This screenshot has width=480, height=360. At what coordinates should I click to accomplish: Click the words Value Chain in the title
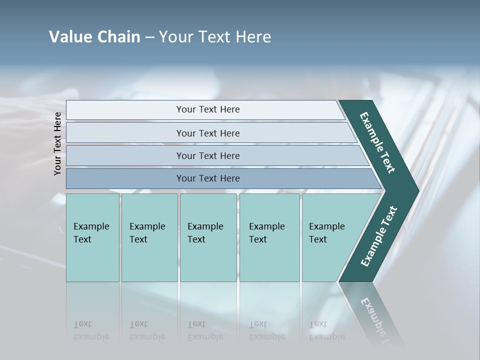94,37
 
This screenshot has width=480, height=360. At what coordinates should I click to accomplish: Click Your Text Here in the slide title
215,37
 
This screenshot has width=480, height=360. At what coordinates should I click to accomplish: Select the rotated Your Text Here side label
57,143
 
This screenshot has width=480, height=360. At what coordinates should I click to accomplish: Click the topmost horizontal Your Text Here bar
208,109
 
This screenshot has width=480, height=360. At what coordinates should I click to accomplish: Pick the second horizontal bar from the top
208,133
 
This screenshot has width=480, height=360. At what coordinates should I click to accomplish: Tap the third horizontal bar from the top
208,155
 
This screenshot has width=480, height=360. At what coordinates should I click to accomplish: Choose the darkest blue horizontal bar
208,178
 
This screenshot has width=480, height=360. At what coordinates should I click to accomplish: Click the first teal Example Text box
92,237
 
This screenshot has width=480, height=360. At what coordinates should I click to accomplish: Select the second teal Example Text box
149,237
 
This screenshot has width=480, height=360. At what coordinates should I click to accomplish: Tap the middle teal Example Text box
208,237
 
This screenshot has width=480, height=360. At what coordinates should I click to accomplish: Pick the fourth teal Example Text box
269,237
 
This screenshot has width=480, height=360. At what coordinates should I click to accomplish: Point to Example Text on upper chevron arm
377,142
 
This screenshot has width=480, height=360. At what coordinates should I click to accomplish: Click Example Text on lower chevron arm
379,236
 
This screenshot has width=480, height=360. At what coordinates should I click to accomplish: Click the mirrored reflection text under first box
91,330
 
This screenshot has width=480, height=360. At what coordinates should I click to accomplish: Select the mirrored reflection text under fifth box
326,330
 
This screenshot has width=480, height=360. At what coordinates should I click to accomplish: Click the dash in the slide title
149,37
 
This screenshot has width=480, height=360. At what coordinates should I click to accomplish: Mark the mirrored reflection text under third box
205,330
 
